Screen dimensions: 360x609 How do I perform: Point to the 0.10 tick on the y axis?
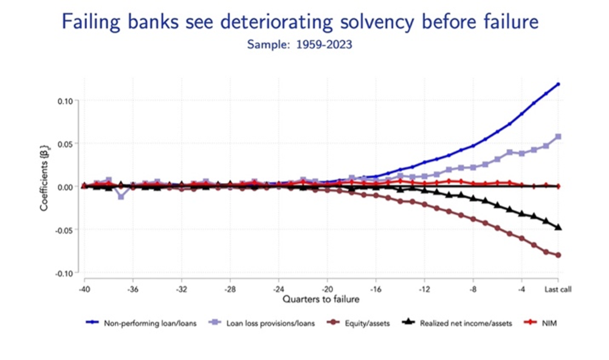(64, 100)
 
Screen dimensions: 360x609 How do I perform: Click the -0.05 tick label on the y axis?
(63, 230)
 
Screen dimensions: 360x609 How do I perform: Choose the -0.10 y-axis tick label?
(63, 273)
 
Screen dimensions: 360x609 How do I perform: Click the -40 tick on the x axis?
(84, 289)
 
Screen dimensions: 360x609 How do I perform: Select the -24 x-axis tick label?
(278, 289)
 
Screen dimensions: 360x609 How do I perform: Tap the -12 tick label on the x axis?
(424, 289)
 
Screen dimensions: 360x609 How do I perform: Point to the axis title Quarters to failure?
(320, 299)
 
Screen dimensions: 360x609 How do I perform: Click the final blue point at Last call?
(558, 84)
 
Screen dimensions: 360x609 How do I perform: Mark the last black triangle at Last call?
(558, 227)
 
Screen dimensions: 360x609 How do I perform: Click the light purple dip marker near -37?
(121, 196)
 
